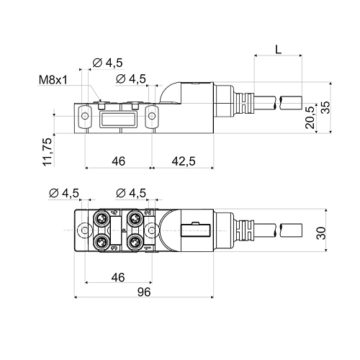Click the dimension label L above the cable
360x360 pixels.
click(x=278, y=50)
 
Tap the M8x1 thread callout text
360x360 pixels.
click(x=53, y=80)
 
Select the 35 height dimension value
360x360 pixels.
click(x=326, y=107)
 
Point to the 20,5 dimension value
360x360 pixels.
click(x=310, y=117)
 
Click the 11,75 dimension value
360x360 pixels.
click(x=48, y=152)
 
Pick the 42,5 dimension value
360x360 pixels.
click(x=184, y=161)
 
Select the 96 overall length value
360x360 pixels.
click(x=144, y=292)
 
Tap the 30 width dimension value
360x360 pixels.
click(x=321, y=233)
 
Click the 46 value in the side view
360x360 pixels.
click(x=118, y=161)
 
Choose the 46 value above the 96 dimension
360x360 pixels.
click(x=118, y=277)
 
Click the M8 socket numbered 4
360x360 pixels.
click(x=100, y=218)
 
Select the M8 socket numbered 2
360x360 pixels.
click(x=134, y=218)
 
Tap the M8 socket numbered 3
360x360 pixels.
click(x=100, y=242)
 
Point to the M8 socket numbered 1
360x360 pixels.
click(x=134, y=242)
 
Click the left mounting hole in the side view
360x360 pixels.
click(x=85, y=116)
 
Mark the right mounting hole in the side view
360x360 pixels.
click(x=152, y=116)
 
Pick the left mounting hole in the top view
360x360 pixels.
click(x=84, y=230)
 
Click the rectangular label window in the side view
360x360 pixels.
click(x=118, y=119)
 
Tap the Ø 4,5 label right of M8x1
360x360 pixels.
click(x=107, y=63)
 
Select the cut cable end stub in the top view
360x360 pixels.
click(x=291, y=230)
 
